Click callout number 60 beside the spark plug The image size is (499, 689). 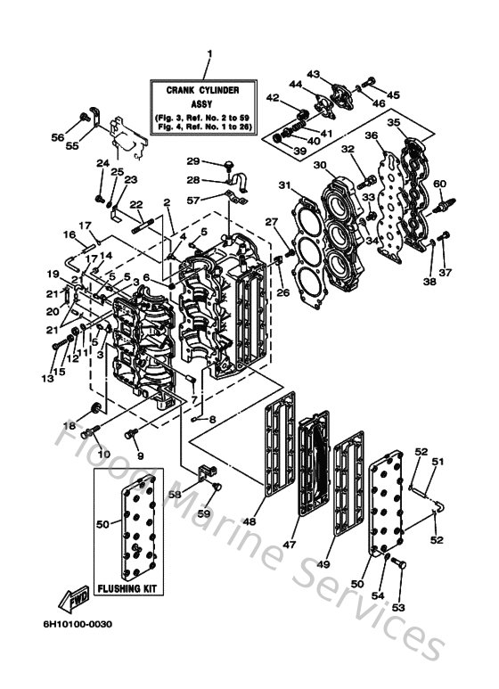pyautogui.click(x=438, y=184)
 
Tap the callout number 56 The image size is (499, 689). pyautogui.click(x=58, y=138)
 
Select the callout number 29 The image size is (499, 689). pyautogui.click(x=192, y=160)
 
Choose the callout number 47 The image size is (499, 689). pyautogui.click(x=314, y=542)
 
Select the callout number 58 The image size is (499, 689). pyautogui.click(x=176, y=493)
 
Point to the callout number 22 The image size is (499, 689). pyautogui.click(x=136, y=205)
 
